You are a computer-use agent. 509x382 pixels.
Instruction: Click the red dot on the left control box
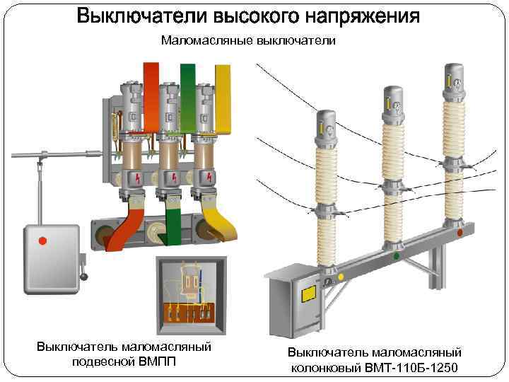[x=42, y=241]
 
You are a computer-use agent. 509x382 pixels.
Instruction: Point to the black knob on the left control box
[x=85, y=274]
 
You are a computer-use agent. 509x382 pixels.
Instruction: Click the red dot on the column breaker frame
[x=460, y=232]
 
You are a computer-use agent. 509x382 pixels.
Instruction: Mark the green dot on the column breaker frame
[x=396, y=255]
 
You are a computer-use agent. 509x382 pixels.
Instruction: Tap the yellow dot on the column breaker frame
[x=341, y=277]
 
